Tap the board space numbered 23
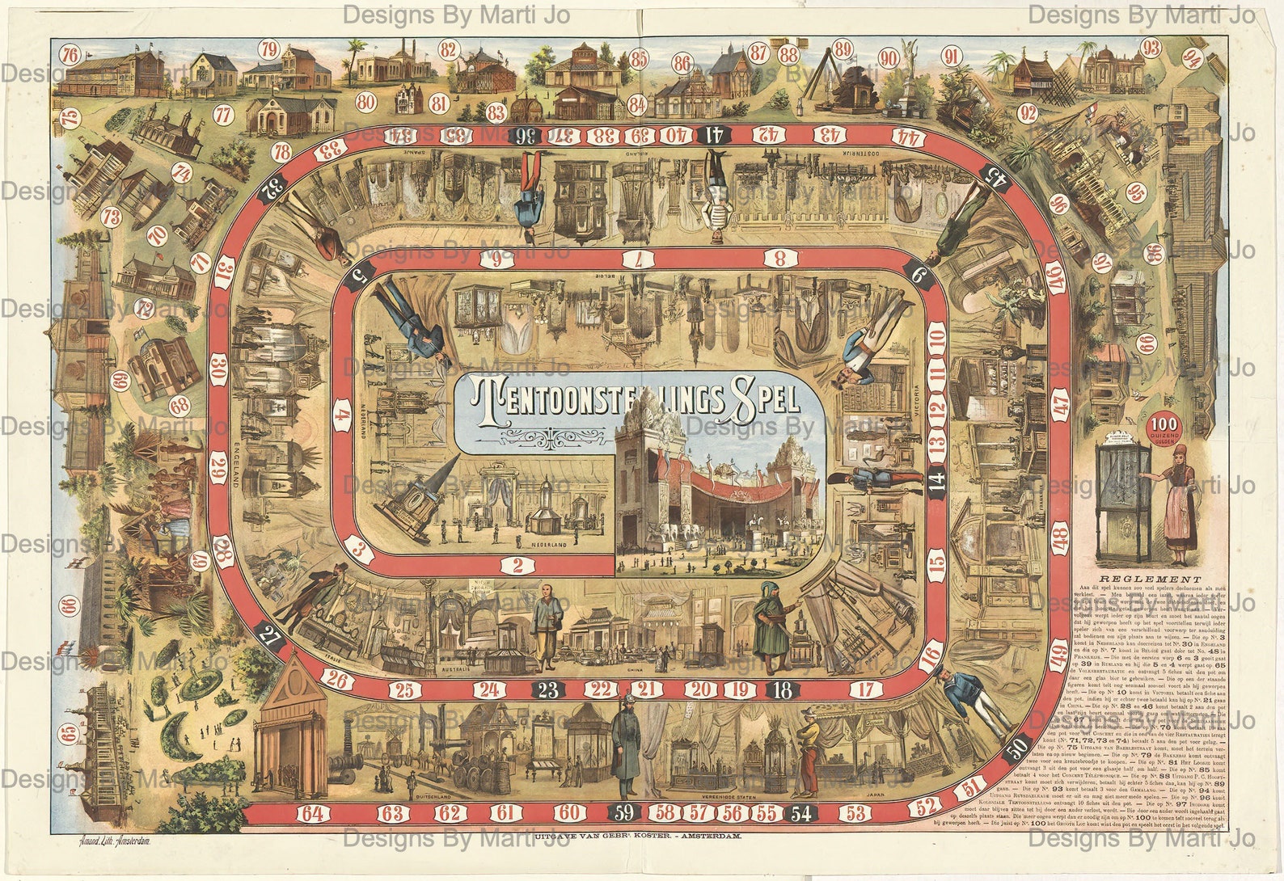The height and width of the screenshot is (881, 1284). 548,689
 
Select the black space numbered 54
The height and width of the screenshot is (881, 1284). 801,812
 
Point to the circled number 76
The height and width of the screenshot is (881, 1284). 71,56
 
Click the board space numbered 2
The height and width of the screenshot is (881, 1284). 517,565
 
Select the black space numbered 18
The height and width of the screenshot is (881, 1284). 782,689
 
